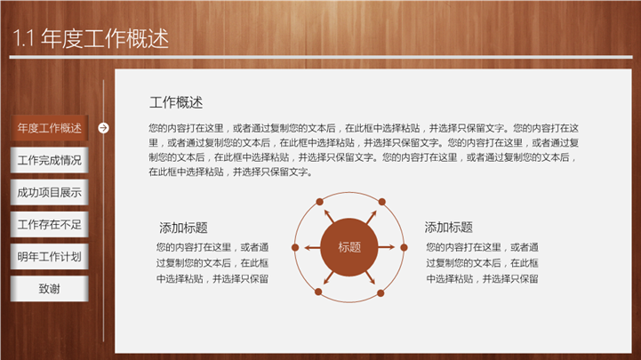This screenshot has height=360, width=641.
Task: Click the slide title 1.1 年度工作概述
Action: pos(91,38)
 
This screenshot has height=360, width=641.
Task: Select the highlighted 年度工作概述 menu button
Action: pos(50,128)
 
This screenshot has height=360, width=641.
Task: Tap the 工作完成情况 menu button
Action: pos(50,160)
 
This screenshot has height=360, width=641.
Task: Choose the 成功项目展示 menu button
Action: pos(50,193)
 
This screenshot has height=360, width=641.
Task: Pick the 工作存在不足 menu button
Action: pos(50,224)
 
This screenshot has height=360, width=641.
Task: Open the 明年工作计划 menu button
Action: pos(50,257)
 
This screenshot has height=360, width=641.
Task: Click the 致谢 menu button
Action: pos(50,289)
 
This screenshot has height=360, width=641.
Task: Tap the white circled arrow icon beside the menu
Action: pos(103,128)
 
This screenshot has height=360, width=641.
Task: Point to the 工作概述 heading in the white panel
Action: pos(176,102)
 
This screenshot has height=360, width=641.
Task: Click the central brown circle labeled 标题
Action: pos(349,247)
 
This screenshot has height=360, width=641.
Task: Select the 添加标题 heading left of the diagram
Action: pos(183,228)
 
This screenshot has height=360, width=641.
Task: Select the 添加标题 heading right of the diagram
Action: pos(448,228)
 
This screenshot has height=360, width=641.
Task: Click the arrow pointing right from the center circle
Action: pos(387,247)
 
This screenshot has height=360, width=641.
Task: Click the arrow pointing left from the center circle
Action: pos(312,247)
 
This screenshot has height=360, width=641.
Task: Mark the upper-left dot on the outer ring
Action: pos(320,202)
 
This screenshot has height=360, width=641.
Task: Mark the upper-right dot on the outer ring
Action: pos(381,202)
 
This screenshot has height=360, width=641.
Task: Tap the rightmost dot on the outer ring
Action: pos(404,247)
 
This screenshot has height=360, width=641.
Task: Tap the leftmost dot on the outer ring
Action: pos(295,247)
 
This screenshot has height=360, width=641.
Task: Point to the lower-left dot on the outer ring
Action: pos(318,292)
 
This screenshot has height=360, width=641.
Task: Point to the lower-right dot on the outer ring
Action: pos(381,293)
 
